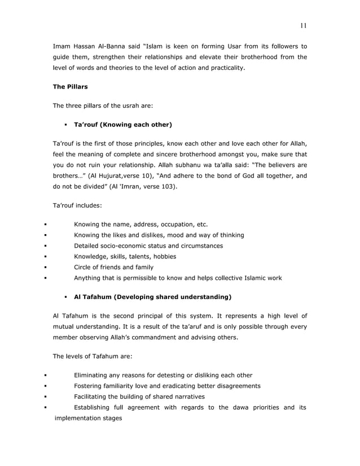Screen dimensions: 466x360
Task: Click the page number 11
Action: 303,25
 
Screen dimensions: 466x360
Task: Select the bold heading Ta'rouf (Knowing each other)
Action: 122,124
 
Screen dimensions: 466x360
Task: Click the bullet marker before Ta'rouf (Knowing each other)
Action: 66,124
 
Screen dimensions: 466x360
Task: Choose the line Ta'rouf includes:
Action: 77,206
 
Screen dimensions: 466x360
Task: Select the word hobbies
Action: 163,256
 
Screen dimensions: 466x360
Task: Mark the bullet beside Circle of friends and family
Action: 45,267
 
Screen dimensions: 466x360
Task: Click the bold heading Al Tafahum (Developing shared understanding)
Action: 152,296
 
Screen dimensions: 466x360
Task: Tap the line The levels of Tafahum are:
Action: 91,357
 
